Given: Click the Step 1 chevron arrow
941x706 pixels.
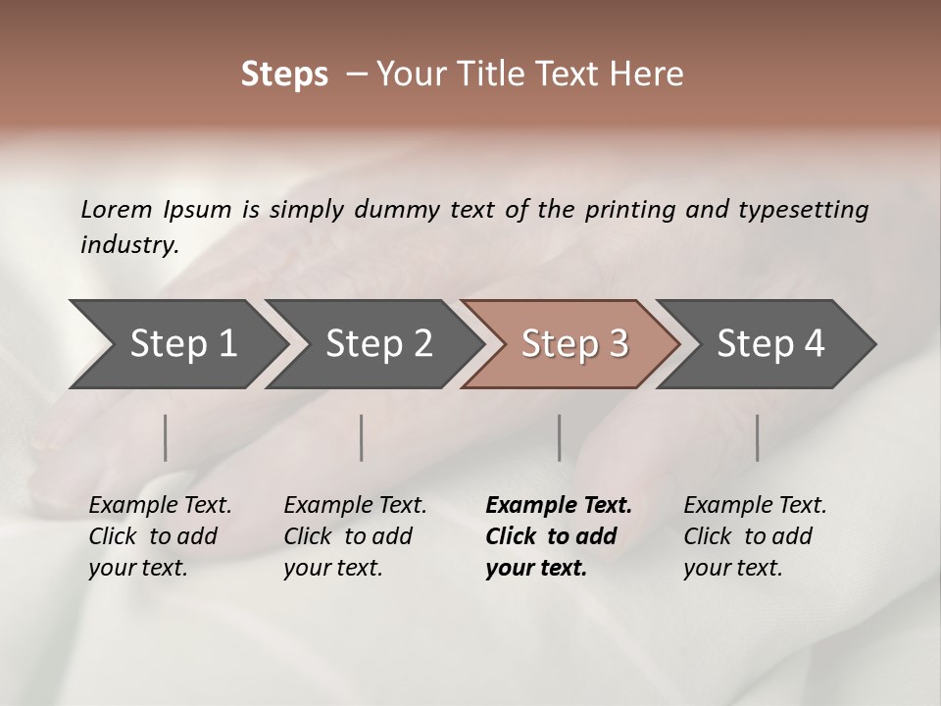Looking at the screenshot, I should coord(181,344).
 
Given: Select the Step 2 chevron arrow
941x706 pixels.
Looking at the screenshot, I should coord(377,344).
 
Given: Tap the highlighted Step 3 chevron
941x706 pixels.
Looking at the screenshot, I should coord(573,344).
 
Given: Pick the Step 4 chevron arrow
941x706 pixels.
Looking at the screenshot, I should coord(769,344).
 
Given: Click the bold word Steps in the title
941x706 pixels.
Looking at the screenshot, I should coord(284,75).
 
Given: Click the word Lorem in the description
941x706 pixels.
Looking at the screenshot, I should coord(117,209).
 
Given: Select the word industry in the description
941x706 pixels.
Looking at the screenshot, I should coord(128,244).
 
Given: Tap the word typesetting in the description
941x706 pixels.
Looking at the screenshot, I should coord(803,209).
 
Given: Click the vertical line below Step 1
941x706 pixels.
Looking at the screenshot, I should coord(166,437).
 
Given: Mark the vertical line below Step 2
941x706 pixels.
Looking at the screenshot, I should coord(362,437).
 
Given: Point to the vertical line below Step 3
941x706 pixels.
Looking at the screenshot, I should coord(559,437).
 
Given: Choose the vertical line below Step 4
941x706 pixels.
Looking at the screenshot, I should coord(757,437).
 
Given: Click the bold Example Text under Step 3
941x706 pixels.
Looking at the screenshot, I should coord(559,506).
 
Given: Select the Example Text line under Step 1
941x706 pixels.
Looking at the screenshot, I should coord(160,506).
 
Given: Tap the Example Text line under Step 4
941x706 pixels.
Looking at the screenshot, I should coord(755,506).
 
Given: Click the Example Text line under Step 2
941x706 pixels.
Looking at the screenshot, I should coord(355,506).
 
